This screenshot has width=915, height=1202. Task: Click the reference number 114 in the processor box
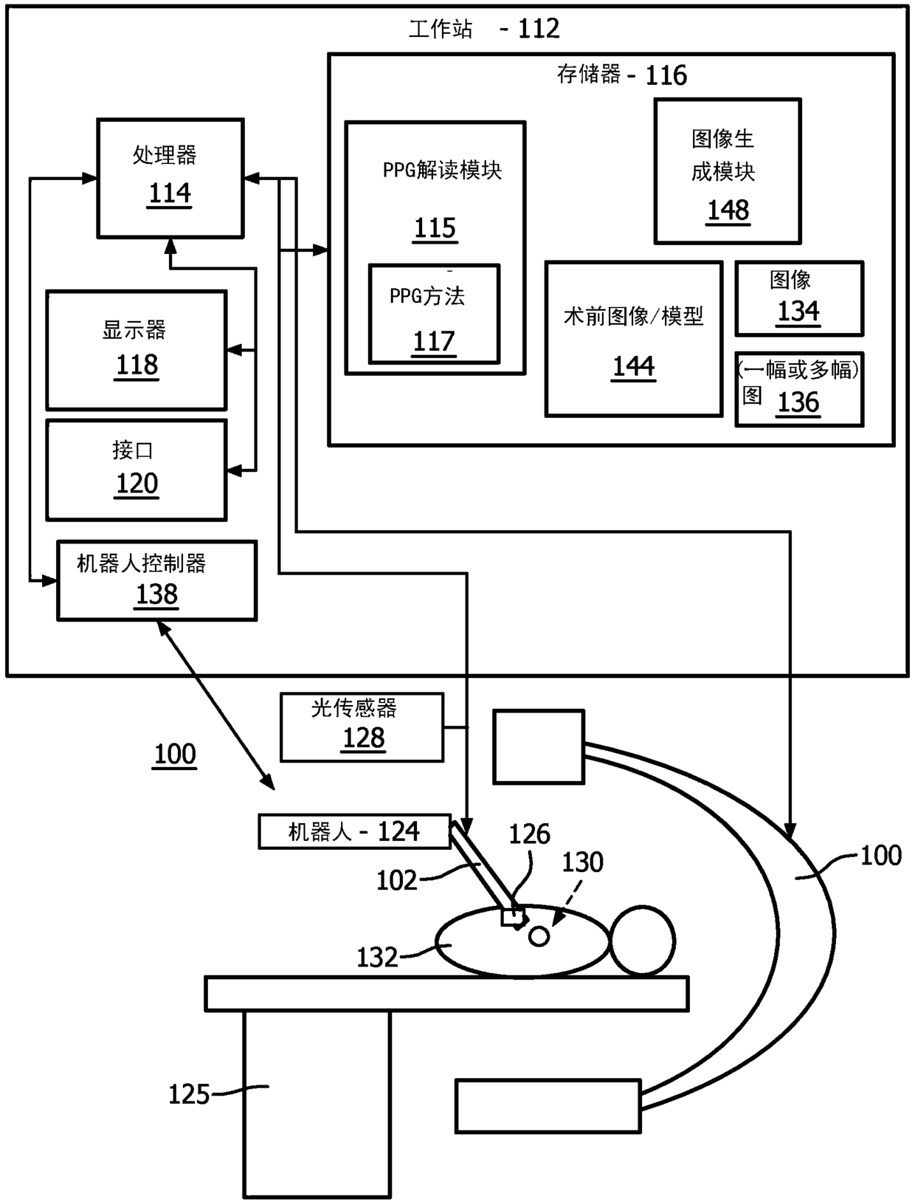point(170,193)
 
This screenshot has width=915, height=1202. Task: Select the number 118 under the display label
point(137,365)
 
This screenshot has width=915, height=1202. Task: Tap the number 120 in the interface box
point(137,484)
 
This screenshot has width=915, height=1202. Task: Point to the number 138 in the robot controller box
point(156,594)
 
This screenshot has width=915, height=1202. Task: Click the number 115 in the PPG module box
point(435,228)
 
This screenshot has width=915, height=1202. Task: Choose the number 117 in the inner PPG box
point(434,342)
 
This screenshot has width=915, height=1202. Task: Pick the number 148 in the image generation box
point(728,210)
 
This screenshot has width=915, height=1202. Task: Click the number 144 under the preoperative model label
point(633,367)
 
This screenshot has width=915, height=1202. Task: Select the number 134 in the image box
point(798,312)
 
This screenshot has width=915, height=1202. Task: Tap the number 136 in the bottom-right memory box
point(798,403)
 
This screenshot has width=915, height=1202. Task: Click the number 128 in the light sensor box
point(363,738)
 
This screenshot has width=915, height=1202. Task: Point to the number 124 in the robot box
point(398,832)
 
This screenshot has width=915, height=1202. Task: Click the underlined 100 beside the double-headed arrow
point(175,755)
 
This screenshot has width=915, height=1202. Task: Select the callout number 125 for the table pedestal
point(189,1094)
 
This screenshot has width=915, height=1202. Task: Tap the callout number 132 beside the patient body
point(377,958)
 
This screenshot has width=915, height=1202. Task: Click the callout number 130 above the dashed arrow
point(583,862)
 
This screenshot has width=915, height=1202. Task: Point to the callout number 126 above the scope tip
point(529,834)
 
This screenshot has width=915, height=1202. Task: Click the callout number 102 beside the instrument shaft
point(396,880)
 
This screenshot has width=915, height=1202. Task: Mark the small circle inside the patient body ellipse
point(539,936)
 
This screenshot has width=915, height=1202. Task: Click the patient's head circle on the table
point(642,941)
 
